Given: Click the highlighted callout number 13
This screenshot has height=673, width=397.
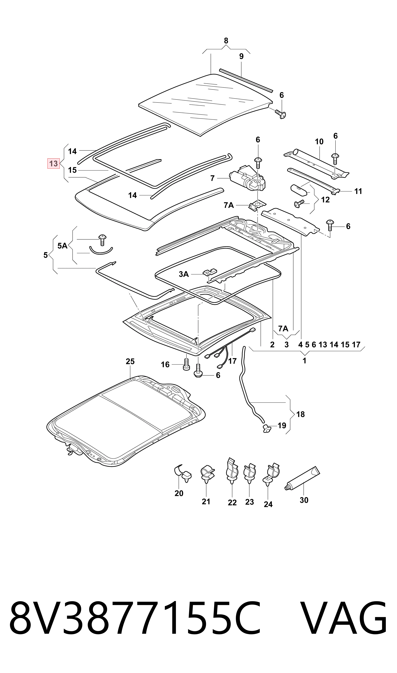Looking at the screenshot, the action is pyautogui.click(x=53, y=164).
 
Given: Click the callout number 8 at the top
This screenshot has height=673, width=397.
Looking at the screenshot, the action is pyautogui.click(x=226, y=41).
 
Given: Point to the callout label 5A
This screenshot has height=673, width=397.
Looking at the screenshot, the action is pyautogui.click(x=62, y=246).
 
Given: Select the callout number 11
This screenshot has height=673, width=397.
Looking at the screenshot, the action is pyautogui.click(x=358, y=191).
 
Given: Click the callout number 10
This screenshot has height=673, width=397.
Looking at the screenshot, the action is pyautogui.click(x=319, y=142).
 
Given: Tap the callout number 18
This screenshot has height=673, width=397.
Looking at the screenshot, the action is pyautogui.click(x=300, y=414).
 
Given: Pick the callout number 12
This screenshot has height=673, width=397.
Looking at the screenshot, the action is pyautogui.click(x=325, y=200).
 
